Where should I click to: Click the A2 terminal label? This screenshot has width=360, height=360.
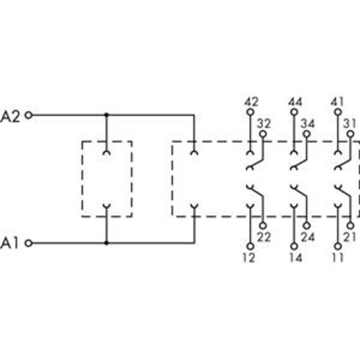[x=10, y=117]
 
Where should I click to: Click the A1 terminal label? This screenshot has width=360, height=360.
[x=9, y=243]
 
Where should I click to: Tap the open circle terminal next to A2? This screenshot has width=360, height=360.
[x=29, y=115]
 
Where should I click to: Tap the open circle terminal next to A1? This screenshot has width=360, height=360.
[x=29, y=243]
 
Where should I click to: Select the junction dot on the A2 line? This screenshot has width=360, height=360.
[x=106, y=115]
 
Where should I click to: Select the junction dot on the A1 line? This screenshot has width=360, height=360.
[x=106, y=243]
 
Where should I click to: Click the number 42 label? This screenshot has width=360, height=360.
[x=251, y=102]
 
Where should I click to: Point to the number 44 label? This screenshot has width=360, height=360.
[x=295, y=102]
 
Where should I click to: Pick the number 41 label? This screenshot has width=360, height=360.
[x=338, y=102]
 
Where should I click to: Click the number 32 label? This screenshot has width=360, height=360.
[x=264, y=124]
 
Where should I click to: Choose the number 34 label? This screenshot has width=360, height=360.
[x=308, y=124]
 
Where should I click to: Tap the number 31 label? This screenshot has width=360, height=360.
[x=350, y=124]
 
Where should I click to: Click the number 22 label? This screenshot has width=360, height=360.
[x=264, y=237]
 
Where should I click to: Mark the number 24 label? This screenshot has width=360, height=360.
[x=308, y=237]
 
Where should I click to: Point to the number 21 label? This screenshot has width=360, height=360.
[x=350, y=237]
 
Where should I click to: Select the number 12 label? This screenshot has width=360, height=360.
[x=249, y=258]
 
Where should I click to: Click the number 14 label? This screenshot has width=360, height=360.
[x=296, y=258]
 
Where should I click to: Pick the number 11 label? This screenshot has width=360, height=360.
[x=338, y=258]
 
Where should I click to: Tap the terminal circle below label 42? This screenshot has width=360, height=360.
[x=250, y=113]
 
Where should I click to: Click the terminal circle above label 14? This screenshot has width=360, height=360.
[x=294, y=246]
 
